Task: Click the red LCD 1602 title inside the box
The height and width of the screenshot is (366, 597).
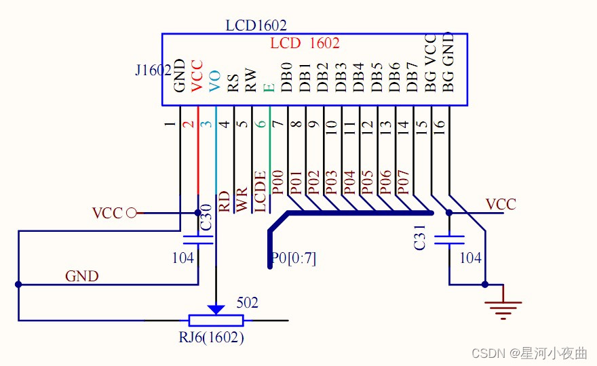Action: tap(305, 43)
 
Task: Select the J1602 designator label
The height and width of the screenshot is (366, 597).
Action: tap(153, 70)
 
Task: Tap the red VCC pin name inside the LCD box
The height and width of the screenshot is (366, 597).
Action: tap(197, 76)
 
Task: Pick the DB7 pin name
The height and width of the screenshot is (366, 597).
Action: tap(412, 77)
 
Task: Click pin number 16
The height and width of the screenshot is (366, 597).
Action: tap(439, 125)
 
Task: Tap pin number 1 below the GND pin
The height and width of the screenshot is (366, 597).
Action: tap(170, 125)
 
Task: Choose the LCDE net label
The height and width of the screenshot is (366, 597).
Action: tap(260, 192)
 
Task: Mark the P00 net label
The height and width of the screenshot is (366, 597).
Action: tap(277, 183)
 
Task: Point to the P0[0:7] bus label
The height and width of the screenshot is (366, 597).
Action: tap(293, 258)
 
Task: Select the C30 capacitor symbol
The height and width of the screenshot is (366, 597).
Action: tap(198, 239)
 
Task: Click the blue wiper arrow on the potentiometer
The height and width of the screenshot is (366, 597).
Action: tap(216, 309)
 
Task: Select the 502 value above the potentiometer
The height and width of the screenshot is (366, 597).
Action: tap(248, 303)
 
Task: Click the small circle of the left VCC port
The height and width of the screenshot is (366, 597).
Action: tap(132, 213)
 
